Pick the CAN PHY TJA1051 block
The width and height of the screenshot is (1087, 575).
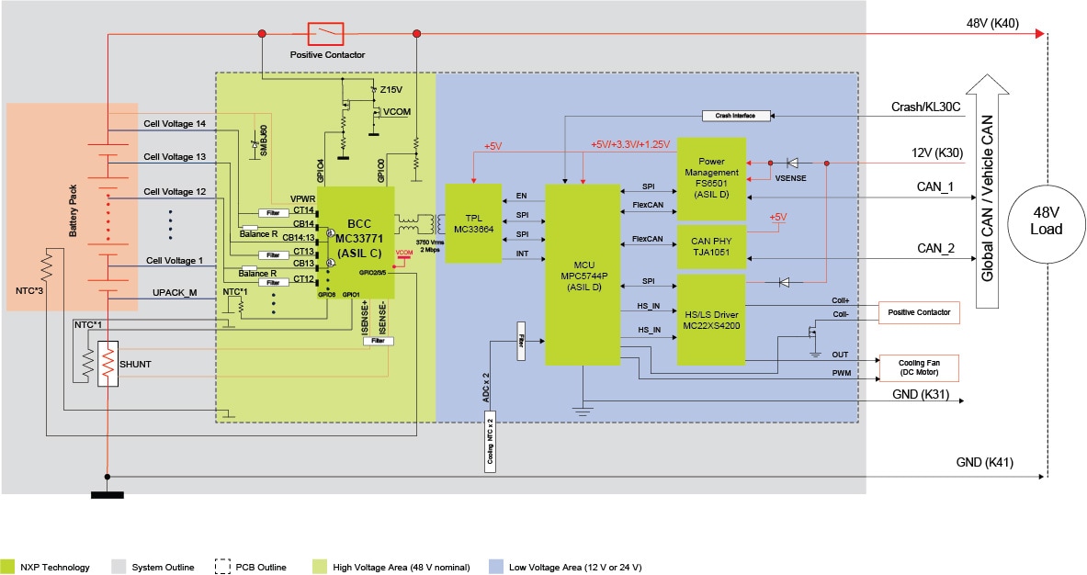click(711, 247)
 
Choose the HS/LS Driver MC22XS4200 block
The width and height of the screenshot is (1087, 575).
click(711, 319)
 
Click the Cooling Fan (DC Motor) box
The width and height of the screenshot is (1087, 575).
click(919, 367)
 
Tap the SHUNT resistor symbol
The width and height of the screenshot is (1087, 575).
click(109, 365)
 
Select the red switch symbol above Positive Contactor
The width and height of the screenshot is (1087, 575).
click(325, 34)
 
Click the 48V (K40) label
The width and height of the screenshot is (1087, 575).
click(992, 23)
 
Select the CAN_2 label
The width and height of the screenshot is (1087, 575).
click(935, 249)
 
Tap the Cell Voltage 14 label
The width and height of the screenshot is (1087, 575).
click(175, 123)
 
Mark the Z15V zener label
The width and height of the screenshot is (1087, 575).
click(391, 90)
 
